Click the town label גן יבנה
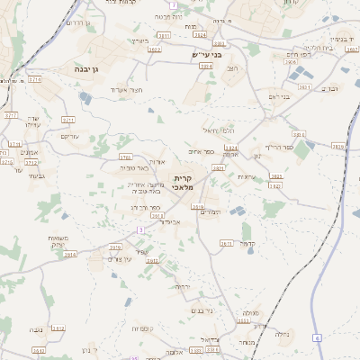[x=93, y=67]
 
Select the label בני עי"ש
[x=207, y=54]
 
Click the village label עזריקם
[x=69, y=136]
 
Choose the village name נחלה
[x=281, y=333]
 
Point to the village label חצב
[x=230, y=68]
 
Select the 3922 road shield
[x=154, y=49]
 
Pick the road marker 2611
[x=226, y=243]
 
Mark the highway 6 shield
[x=317, y=337]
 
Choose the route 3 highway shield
[x=140, y=230]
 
